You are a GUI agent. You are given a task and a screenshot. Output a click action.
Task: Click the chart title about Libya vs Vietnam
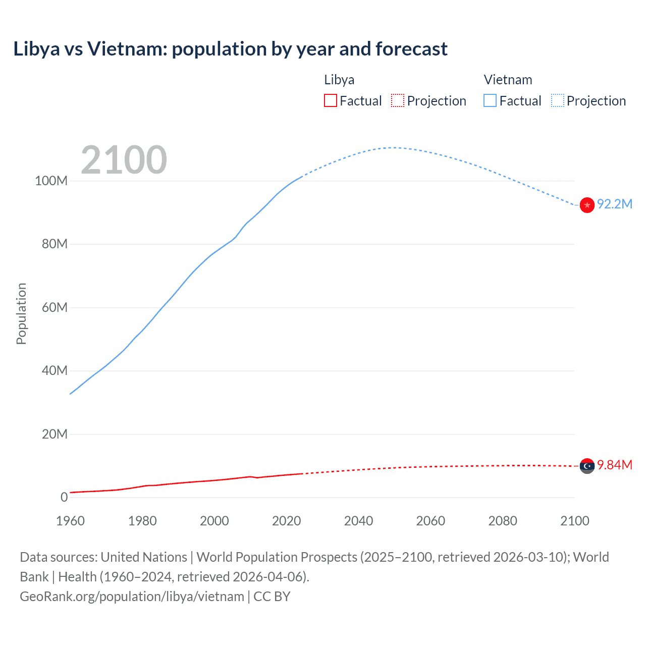[x=230, y=49]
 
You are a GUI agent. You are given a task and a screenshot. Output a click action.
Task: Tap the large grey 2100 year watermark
[x=124, y=160]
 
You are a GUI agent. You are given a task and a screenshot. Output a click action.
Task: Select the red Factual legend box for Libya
[x=330, y=100]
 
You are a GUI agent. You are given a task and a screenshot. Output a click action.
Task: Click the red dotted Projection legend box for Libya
[x=398, y=100]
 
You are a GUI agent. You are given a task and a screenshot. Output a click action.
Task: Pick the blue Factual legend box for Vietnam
[x=490, y=100]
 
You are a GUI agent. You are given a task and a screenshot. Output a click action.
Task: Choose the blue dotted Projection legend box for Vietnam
[x=557, y=100]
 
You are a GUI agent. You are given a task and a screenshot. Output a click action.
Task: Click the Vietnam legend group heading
[x=508, y=80]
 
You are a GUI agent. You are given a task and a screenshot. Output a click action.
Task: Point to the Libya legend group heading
[x=339, y=80]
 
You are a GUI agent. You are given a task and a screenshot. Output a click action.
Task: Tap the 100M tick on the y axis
[x=51, y=181]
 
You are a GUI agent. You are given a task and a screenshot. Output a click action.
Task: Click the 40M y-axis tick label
[x=54, y=370]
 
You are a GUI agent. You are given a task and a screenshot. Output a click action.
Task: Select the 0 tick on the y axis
[x=64, y=497]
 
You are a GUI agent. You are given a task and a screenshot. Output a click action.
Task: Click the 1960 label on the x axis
[x=70, y=521]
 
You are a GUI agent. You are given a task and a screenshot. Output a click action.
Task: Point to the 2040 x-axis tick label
[x=358, y=521]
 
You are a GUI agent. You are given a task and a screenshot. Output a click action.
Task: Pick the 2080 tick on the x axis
[x=503, y=521]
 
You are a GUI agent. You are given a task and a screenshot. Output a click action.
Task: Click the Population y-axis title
[x=21, y=313]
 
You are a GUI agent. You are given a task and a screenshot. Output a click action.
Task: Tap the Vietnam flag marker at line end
[x=587, y=205]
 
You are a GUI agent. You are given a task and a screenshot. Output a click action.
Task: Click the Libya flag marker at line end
[x=587, y=466]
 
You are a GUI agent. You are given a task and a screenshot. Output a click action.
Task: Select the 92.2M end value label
[x=614, y=204]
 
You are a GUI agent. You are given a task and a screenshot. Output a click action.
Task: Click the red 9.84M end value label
[x=614, y=465]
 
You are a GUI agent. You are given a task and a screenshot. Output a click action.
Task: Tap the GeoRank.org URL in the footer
[x=132, y=596]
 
